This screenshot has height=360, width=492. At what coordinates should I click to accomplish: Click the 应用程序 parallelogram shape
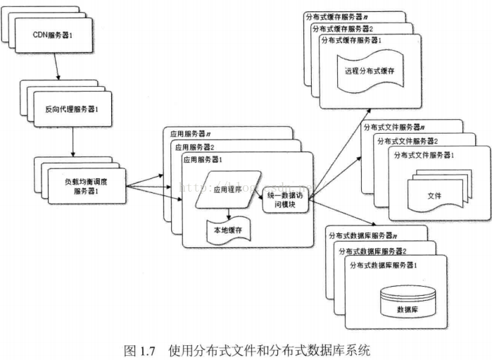point(227,190)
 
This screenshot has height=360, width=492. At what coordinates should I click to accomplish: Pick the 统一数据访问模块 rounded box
point(286,199)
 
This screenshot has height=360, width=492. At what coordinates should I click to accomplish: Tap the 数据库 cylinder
point(403,304)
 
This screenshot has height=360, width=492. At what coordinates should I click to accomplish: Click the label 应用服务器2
point(194,147)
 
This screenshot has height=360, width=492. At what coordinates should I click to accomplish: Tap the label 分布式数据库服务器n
point(363,236)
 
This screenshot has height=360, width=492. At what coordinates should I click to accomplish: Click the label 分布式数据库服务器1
point(384,265)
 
